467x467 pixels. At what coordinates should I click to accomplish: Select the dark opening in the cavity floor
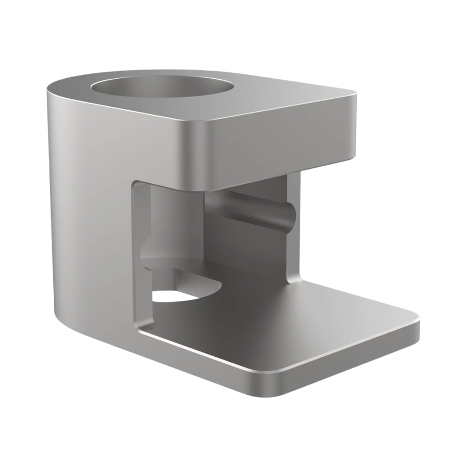point(174,295)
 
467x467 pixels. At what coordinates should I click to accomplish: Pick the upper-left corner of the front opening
point(136,185)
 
